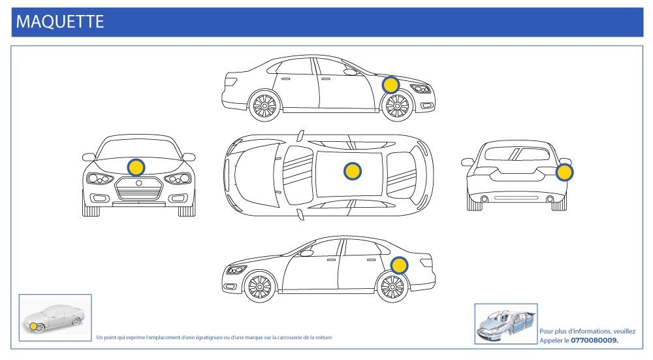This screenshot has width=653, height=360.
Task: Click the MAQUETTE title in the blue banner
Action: [x=59, y=21]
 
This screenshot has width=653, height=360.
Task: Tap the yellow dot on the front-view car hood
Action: [x=136, y=167]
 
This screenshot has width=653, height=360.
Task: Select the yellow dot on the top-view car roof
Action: [x=352, y=171]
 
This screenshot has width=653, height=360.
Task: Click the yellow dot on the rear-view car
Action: [x=564, y=172]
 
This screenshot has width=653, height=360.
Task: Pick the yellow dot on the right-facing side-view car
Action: [x=390, y=85]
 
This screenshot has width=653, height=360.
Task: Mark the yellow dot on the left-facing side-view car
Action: [x=399, y=265]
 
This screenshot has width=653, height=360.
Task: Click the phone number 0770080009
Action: [x=594, y=340]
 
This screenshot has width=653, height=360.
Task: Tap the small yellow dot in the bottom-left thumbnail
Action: [x=33, y=325]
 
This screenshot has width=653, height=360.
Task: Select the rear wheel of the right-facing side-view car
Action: [x=264, y=105]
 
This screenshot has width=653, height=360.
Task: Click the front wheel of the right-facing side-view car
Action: [x=398, y=105]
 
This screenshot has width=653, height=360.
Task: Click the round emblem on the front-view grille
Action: [x=138, y=184]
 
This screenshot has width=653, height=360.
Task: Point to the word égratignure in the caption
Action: [x=210, y=337]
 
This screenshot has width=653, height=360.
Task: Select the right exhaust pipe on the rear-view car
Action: [x=550, y=199]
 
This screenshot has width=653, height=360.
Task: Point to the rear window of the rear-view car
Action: [x=516, y=155]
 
